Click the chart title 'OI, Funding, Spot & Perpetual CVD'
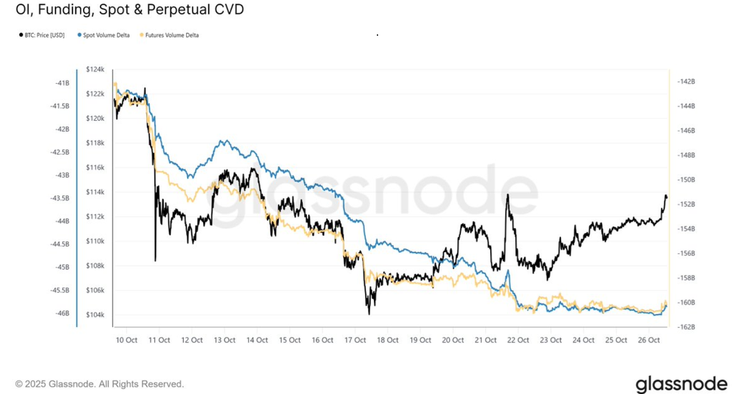pos(129,9)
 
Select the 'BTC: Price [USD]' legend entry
pos(44,35)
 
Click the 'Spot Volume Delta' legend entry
pos(106,35)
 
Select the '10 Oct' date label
pos(127,340)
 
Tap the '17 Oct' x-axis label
pos(355,340)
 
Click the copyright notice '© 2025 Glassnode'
pos(99,384)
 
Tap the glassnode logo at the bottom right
pos(681,383)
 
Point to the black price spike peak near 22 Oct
pos(508,195)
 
